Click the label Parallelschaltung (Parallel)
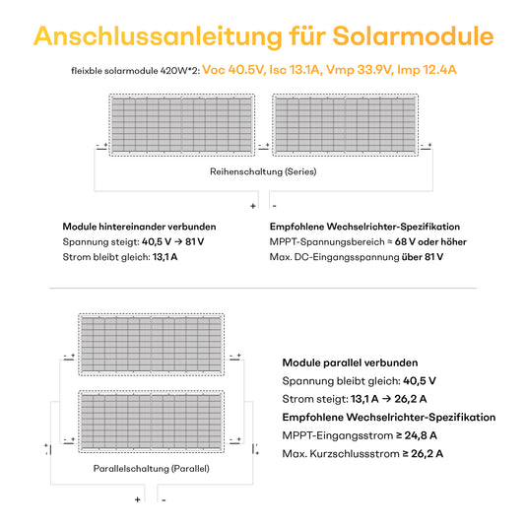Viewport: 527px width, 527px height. pyautogui.click(x=151, y=469)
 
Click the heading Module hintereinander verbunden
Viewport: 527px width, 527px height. pyautogui.click(x=139, y=226)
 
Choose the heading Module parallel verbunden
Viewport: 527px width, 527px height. pyautogui.click(x=350, y=362)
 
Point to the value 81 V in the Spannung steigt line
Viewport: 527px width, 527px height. pyautogui.click(x=194, y=241)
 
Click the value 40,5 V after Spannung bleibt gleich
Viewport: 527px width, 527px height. pyautogui.click(x=420, y=380)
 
